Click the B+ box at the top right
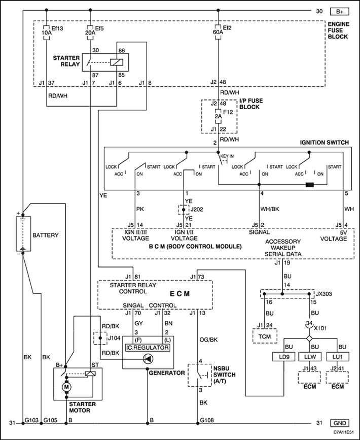point(340,12)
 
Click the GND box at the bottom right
point(340,423)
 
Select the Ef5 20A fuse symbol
point(90,32)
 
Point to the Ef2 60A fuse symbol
point(218,32)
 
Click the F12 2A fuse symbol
point(218,116)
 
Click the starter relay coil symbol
point(116,62)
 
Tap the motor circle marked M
point(66,387)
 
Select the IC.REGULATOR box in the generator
point(148,348)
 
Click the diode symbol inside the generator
point(147,358)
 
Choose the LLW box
point(310,357)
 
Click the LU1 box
point(338,357)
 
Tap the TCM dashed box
point(265,336)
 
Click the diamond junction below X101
point(309,339)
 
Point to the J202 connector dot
point(184,210)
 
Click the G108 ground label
point(207,420)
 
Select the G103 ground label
point(31,420)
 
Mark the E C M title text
point(180,294)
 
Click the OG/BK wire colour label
point(208,340)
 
